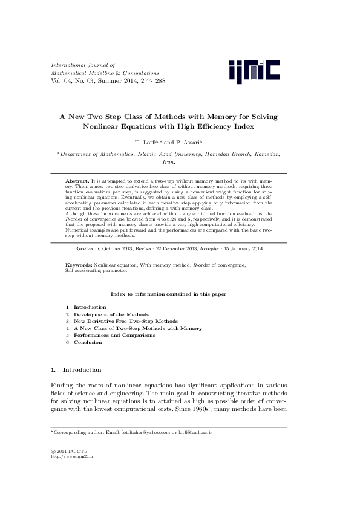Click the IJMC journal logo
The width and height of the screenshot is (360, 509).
click(254, 71)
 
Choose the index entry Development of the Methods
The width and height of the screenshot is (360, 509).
click(111, 314)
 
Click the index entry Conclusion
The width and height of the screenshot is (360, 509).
click(88, 342)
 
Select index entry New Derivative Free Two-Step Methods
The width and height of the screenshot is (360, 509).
click(125, 321)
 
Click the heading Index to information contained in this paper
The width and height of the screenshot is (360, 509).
click(168, 294)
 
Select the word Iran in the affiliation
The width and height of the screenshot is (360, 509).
click(168, 163)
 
